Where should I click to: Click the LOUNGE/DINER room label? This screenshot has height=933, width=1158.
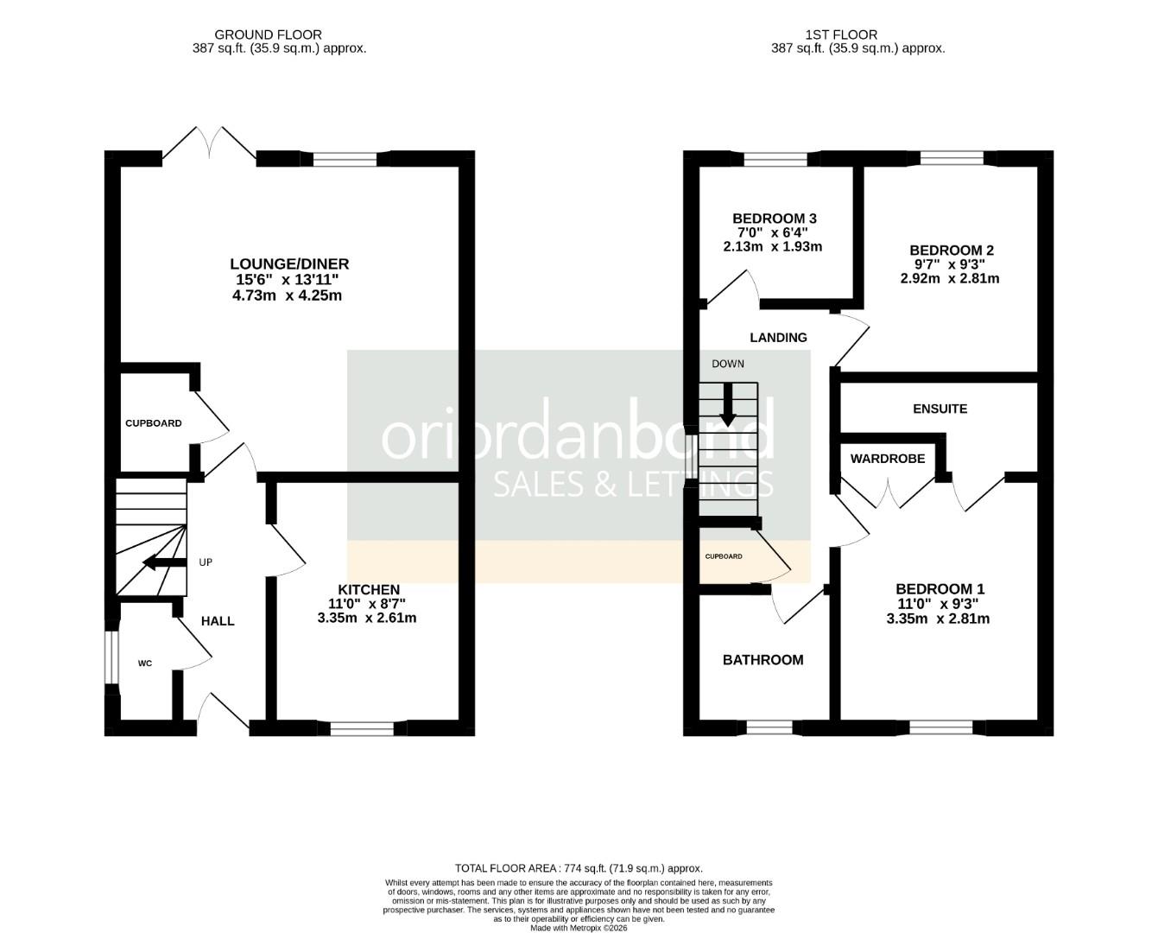point(288,263)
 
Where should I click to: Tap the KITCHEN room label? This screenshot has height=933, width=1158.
point(374,589)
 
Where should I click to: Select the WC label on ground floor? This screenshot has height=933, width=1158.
point(145,663)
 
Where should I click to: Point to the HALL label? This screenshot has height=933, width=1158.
point(218,621)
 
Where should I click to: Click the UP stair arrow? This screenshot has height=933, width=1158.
point(164,563)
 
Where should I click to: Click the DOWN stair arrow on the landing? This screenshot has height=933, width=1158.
point(728,403)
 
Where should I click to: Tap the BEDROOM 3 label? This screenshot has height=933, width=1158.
point(774,219)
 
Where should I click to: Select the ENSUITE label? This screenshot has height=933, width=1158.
point(940,409)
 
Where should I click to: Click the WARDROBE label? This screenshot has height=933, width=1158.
point(887,459)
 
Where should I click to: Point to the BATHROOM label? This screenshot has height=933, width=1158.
point(763,660)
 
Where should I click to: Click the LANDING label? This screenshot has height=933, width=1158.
point(778,338)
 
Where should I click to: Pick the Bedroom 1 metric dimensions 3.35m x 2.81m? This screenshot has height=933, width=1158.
point(938,619)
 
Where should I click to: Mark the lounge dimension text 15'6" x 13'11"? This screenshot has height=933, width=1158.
point(288,280)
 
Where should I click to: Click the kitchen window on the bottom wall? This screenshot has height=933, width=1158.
point(363,728)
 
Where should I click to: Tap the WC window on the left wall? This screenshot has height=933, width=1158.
point(110,658)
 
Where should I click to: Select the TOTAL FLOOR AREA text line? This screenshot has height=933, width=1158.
point(579,868)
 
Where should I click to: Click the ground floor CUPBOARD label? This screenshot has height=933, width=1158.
point(154,423)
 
